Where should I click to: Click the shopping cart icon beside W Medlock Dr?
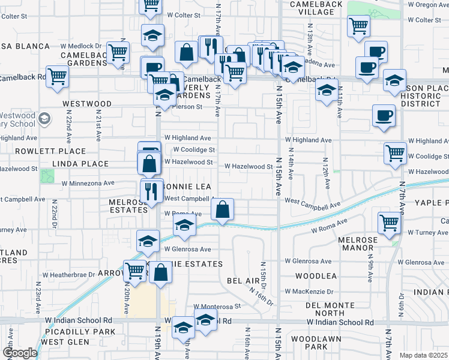pos(118,52)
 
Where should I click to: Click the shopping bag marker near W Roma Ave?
pos(222,210)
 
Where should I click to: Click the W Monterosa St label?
pos(216,305)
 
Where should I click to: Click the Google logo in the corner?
pos(20,352)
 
